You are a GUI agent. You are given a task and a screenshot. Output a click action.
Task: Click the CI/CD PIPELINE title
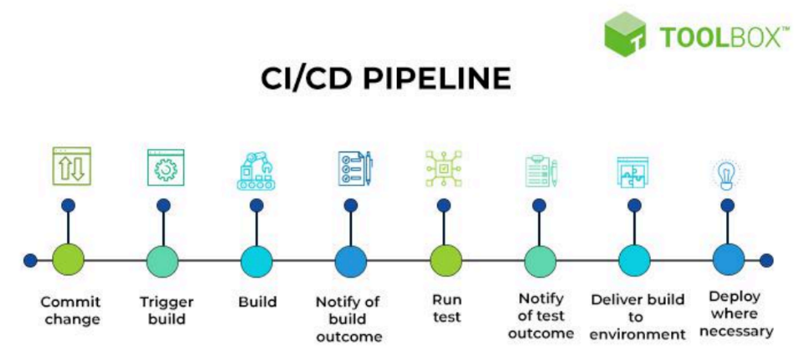click(384, 79)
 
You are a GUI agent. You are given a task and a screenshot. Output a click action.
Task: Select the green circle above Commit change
click(69, 260)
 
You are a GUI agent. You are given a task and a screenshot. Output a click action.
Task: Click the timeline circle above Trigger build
click(163, 260)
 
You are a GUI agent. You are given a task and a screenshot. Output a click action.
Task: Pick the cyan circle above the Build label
click(257, 260)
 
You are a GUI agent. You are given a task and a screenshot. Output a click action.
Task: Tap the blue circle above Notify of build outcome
click(351, 260)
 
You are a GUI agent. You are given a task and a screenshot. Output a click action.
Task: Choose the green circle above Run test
click(446, 260)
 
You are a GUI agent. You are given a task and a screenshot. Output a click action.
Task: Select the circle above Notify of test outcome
click(540, 260)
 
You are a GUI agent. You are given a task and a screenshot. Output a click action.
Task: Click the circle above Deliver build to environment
click(634, 260)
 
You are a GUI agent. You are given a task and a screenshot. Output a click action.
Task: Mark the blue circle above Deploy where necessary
click(728, 260)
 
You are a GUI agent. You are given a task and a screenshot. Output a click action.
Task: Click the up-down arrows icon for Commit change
click(71, 166)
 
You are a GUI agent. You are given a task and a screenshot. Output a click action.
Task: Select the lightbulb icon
click(725, 173)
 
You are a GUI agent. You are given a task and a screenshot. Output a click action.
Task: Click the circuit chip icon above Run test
click(444, 168)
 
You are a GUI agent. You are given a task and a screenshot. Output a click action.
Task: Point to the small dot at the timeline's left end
click(30, 260)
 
